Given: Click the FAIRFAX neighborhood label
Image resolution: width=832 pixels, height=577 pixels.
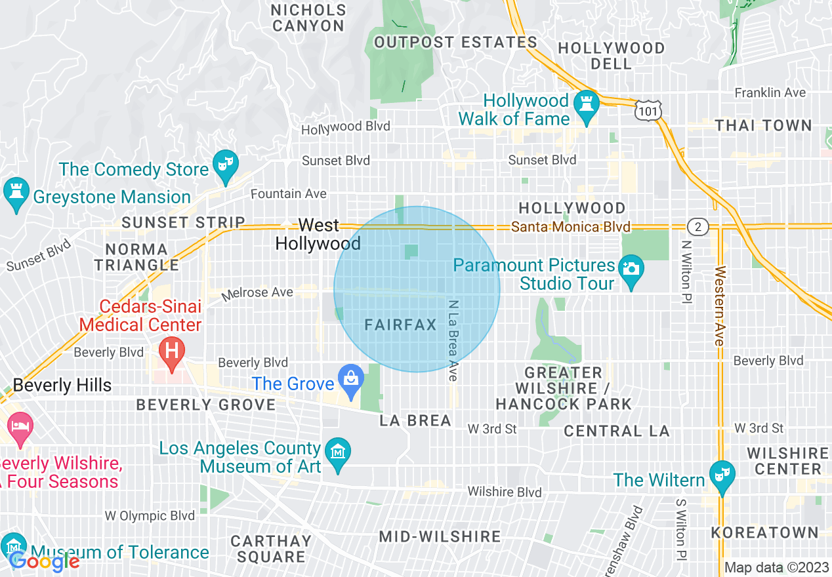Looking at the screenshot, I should tap(400, 325).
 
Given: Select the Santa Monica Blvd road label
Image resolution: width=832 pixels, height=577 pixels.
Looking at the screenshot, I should tap(570, 227).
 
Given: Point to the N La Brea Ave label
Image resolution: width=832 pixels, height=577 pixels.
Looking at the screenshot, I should tap(452, 340).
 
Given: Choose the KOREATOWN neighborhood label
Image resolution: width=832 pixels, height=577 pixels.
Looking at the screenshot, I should tap(764, 532).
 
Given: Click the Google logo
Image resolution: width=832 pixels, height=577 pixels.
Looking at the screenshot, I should tap(45, 562).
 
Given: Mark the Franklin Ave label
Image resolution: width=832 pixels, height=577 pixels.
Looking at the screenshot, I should tap(770, 92).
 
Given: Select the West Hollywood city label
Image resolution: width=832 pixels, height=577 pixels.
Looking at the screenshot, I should tap(318, 234).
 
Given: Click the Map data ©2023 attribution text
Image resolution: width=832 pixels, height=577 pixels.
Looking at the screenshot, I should tap(776, 567).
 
